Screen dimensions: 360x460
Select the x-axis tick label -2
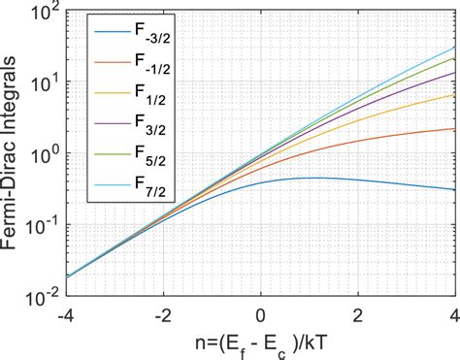click(x=161, y=315)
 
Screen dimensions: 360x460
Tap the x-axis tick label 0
click(x=261, y=315)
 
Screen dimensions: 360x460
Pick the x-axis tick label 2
click(x=358, y=315)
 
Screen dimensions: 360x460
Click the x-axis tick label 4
click(x=454, y=315)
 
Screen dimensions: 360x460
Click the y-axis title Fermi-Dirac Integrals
click(x=14, y=155)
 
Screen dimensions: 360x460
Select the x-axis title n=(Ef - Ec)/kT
click(x=260, y=343)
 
